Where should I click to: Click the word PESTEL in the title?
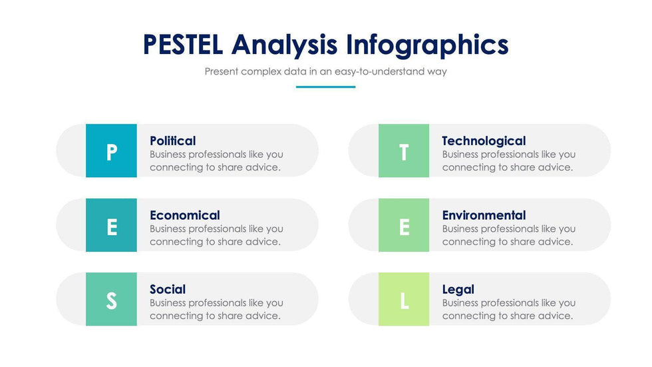coord(183,45)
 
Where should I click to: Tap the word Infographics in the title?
coord(427,45)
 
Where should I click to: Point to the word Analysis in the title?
coord(285,45)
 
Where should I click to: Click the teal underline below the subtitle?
coord(325,87)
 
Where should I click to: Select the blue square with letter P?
coord(112,151)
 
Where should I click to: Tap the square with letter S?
coord(112,299)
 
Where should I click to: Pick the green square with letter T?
coord(404,151)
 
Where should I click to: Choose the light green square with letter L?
coord(404,299)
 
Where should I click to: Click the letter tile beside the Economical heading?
coord(112,225)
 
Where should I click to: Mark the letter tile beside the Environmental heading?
coord(404,225)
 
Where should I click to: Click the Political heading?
coord(172,141)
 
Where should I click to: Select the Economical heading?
coord(185,215)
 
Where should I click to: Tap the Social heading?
coord(168,289)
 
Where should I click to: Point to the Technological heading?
coord(484,141)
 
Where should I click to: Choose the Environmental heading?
coord(484,215)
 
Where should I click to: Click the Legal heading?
coord(458,290)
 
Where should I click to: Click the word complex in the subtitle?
coord(261,71)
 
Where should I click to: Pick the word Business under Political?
coord(168,155)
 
